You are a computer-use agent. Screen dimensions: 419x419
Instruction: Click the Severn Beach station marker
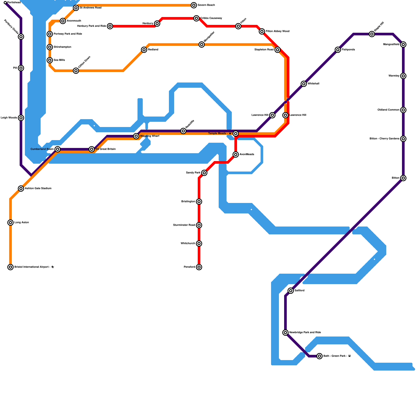[x=194, y=5]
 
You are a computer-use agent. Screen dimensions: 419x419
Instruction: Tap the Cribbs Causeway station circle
[x=196, y=18]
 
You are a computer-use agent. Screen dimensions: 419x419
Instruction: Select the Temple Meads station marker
[x=236, y=134]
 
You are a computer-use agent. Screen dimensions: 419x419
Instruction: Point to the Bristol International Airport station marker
[x=10, y=267]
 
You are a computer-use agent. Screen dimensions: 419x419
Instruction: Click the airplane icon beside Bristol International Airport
[x=53, y=267]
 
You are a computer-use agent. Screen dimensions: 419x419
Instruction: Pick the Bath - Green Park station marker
[x=319, y=356]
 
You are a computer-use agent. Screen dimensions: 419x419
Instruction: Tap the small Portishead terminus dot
[x=5, y=3]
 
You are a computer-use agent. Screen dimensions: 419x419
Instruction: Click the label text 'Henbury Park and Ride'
[x=92, y=26]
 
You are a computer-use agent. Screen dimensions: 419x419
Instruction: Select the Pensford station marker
[x=199, y=267]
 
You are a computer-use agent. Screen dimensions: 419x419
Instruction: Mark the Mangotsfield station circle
[x=403, y=45]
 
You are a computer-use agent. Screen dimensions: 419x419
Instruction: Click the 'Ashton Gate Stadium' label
[x=38, y=189]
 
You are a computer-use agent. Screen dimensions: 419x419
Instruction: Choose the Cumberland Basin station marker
[x=58, y=149]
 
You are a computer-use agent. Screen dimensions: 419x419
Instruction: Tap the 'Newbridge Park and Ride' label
[x=305, y=333]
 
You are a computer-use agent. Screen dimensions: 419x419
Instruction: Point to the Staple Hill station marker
[x=372, y=34]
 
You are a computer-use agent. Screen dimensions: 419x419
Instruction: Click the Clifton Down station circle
[x=76, y=71]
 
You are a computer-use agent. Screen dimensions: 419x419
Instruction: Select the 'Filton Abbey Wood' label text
[x=278, y=31]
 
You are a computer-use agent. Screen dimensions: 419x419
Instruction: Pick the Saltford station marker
[x=291, y=291]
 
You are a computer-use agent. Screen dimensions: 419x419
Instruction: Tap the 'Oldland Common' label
[x=388, y=110]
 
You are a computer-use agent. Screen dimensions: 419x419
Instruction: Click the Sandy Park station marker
[x=204, y=173]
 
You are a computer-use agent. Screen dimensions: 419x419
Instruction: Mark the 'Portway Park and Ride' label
[x=68, y=34]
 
